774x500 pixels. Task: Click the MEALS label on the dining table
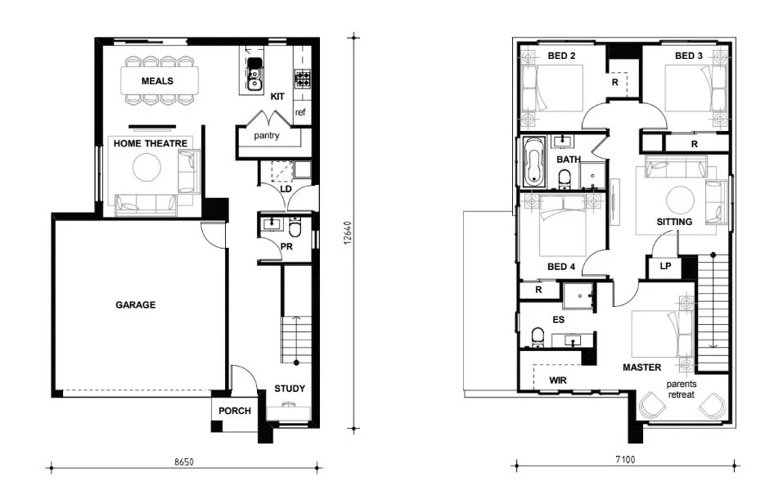157,81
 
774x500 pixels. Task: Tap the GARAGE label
135,304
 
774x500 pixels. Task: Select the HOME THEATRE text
151,143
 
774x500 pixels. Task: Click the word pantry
267,136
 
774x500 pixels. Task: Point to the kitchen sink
254,73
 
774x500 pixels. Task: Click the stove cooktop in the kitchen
303,79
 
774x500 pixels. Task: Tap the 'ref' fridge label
300,112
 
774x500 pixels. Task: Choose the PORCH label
234,412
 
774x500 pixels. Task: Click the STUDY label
290,389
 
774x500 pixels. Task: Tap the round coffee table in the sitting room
679,200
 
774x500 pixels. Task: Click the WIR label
559,381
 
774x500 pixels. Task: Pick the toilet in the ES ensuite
538,337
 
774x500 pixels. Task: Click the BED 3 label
689,56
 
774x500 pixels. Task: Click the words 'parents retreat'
680,389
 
